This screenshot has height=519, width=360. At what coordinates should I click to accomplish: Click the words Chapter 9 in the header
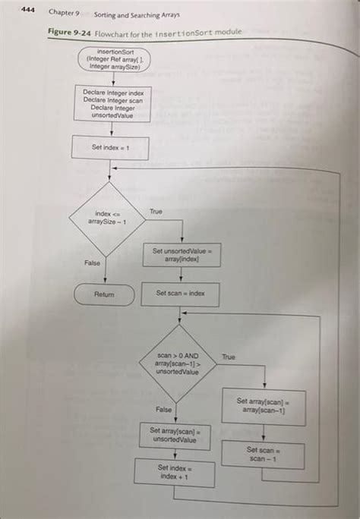[65, 13]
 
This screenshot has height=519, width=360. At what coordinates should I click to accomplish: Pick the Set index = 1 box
[110, 147]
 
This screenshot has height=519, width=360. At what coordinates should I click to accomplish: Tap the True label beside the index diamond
[156, 211]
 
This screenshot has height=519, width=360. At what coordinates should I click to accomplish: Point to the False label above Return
[92, 263]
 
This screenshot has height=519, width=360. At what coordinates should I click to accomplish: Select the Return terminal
[105, 294]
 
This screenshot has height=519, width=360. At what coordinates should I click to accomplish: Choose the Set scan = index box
[181, 293]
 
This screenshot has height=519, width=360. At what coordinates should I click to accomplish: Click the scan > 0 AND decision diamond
[177, 363]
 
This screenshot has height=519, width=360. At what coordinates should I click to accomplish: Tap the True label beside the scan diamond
[229, 356]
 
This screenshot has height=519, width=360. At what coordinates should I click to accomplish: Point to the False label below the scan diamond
[163, 409]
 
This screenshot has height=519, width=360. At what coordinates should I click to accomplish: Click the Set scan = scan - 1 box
[264, 455]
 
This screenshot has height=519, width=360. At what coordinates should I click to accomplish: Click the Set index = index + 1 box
[175, 473]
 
